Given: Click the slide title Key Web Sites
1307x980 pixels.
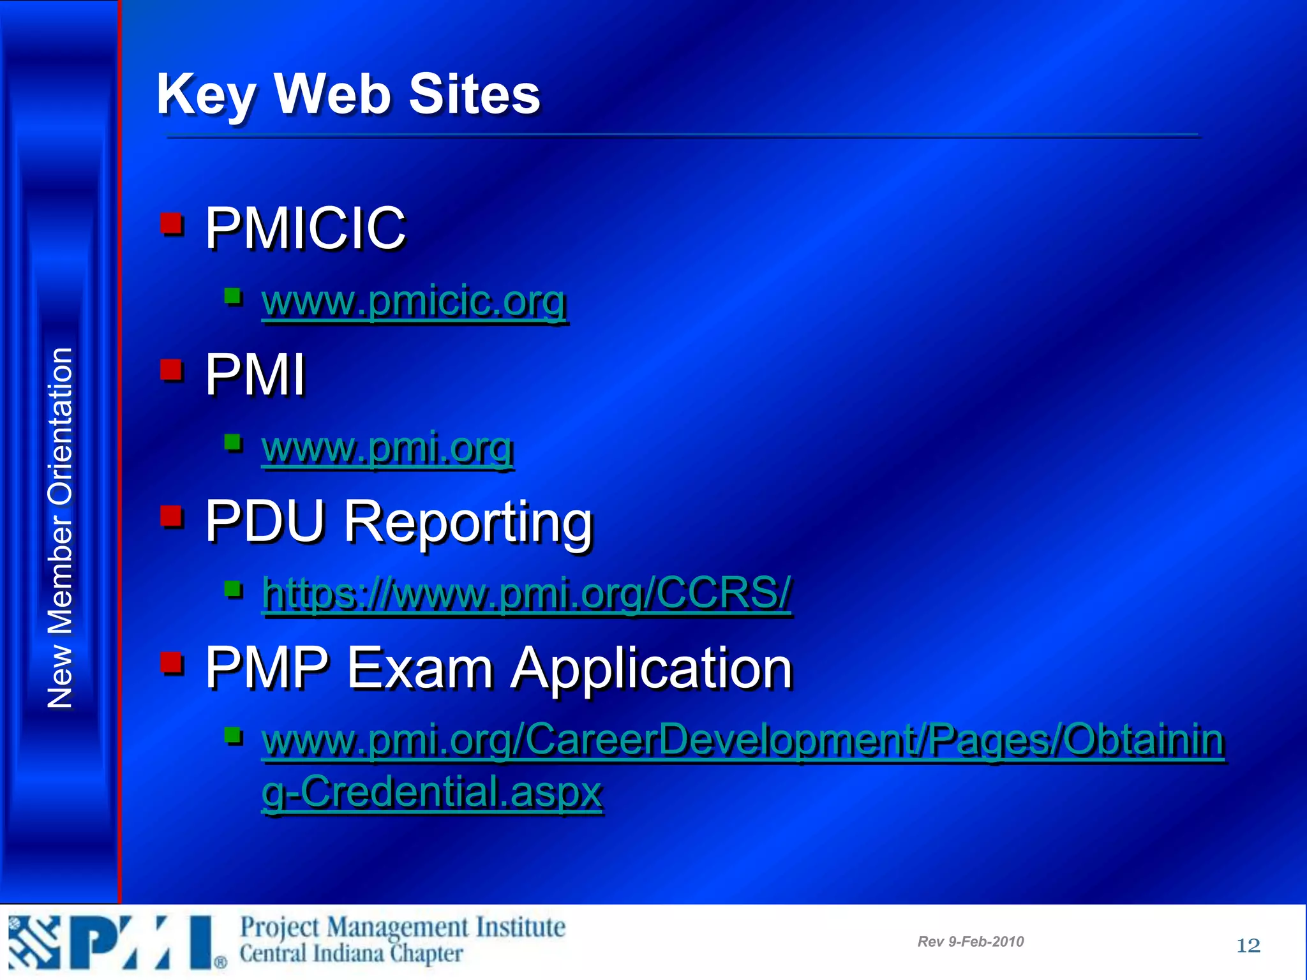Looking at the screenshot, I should click(x=348, y=94).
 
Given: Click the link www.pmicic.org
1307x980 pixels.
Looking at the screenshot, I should click(x=414, y=301).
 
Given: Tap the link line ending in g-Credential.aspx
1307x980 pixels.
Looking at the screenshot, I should click(x=432, y=792).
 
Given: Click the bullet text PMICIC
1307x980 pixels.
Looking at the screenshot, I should click(x=305, y=228).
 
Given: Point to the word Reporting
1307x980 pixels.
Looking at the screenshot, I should click(x=469, y=521).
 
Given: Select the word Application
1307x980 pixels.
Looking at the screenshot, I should click(x=652, y=668).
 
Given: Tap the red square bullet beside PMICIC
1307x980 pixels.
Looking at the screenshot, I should click(x=172, y=224).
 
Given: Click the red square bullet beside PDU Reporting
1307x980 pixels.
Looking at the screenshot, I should click(x=172, y=516).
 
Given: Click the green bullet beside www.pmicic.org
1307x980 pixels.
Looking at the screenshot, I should click(x=233, y=296).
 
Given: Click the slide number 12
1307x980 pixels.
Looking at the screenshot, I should click(x=1248, y=945).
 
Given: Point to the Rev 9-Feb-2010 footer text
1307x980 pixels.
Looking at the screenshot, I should click(x=970, y=942).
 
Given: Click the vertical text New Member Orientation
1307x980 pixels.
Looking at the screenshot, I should click(x=61, y=528).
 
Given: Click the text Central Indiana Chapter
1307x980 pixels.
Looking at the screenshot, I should click(x=351, y=954).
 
